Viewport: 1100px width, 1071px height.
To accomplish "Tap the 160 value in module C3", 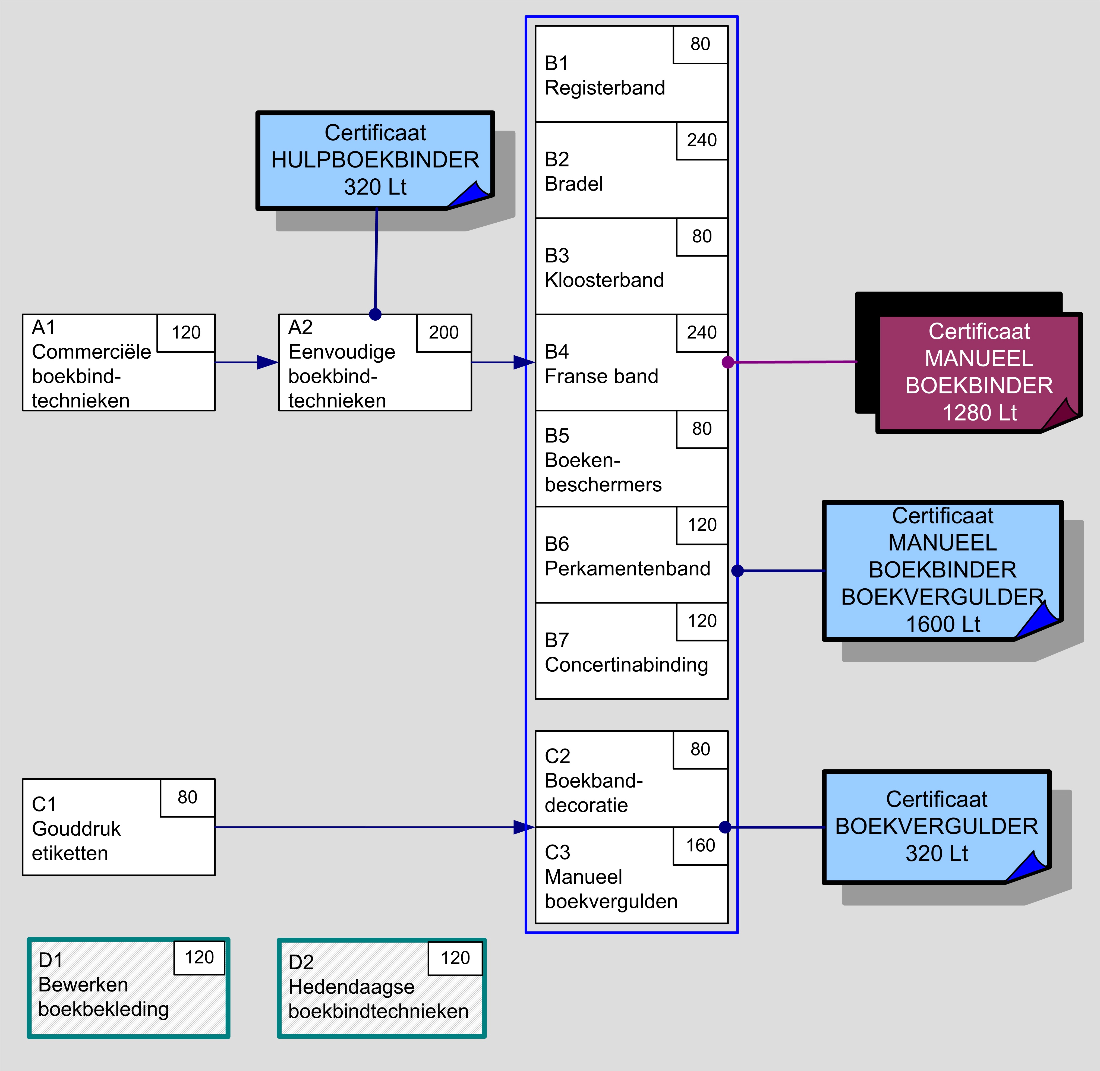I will click(x=701, y=845).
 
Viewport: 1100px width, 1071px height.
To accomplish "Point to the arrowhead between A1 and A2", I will click(x=267, y=362).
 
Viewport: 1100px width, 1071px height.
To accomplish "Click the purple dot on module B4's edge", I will click(x=727, y=362).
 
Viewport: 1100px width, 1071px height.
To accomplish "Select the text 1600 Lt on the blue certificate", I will click(x=943, y=624).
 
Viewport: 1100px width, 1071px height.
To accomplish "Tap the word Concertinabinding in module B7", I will click(x=626, y=665).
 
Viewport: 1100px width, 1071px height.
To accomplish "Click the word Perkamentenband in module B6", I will click(x=627, y=569).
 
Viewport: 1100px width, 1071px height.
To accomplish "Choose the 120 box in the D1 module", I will click(x=199, y=957).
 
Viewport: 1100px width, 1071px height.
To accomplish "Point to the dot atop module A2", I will click(x=375, y=314).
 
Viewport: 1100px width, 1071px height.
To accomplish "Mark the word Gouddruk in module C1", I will click(x=77, y=829).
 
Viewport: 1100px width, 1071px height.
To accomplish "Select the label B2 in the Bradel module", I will click(x=557, y=159).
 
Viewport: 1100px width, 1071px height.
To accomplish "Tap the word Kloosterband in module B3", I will click(x=604, y=280).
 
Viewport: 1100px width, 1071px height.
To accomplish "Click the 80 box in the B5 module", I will click(x=702, y=429).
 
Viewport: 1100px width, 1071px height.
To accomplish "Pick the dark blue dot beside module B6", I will click(x=738, y=571).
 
